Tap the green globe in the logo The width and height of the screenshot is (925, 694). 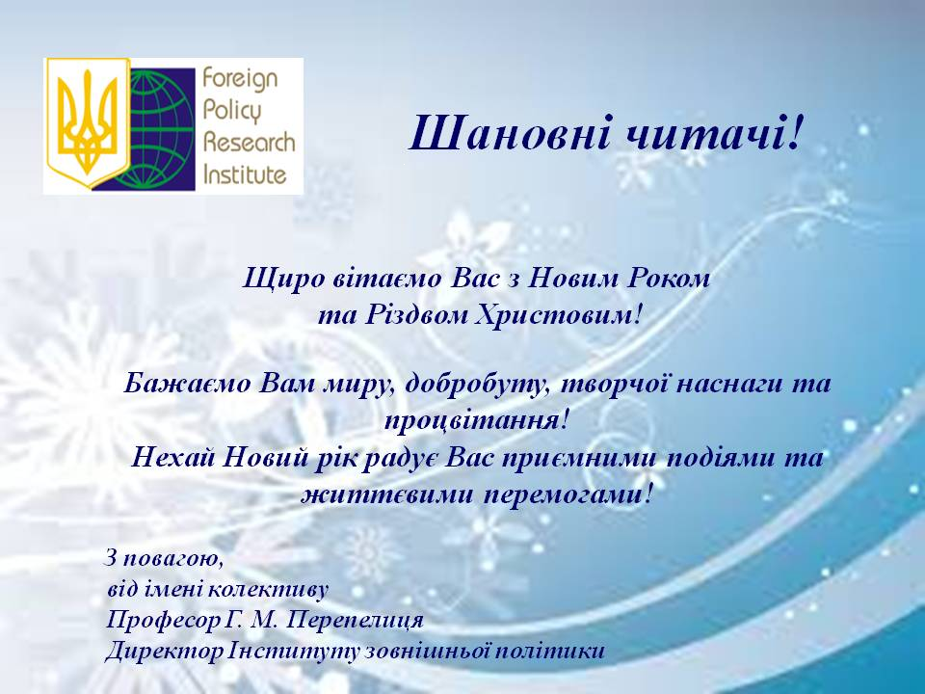click(x=161, y=128)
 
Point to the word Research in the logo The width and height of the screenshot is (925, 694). click(x=249, y=143)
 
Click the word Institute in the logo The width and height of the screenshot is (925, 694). click(x=245, y=174)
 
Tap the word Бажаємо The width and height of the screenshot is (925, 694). click(x=187, y=385)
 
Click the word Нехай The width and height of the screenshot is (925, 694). click(x=172, y=457)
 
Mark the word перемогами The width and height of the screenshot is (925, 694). click(x=568, y=494)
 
